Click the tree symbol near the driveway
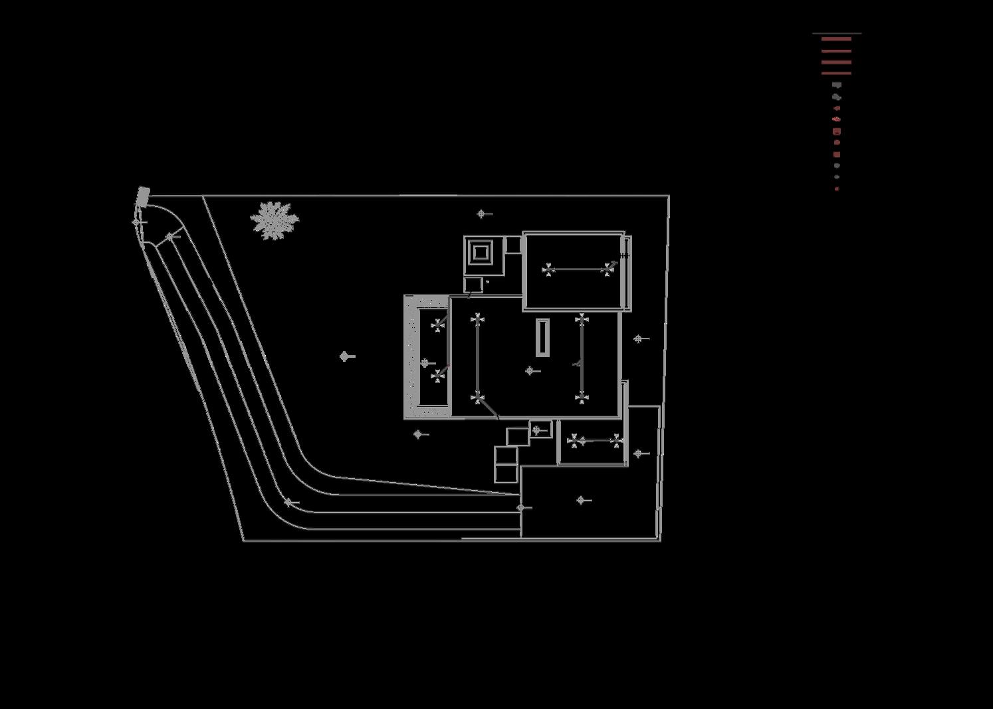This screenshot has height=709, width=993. pyautogui.click(x=274, y=220)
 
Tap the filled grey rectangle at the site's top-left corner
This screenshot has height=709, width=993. pyautogui.click(x=143, y=196)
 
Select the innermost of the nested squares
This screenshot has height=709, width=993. pyautogui.click(x=481, y=253)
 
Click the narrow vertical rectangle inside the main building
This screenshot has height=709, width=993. pyautogui.click(x=543, y=338)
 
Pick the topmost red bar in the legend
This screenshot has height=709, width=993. pyautogui.click(x=836, y=39)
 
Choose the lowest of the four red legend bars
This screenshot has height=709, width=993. pyautogui.click(x=836, y=73)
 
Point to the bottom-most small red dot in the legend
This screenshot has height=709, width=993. pyautogui.click(x=837, y=190)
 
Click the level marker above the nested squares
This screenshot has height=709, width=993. pyautogui.click(x=481, y=213)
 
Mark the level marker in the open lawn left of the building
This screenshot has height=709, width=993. pyautogui.click(x=344, y=356)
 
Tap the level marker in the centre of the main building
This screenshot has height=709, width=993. pyautogui.click(x=530, y=371)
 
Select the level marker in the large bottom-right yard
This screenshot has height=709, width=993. pyautogui.click(x=581, y=500)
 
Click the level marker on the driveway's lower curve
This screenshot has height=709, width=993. pyautogui.click(x=288, y=503)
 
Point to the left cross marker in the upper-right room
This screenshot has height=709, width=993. pyautogui.click(x=548, y=269)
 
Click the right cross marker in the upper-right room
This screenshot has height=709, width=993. pyautogui.click(x=607, y=269)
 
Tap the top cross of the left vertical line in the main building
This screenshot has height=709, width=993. pyautogui.click(x=477, y=320)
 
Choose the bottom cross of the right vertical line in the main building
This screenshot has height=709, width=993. pyautogui.click(x=582, y=398)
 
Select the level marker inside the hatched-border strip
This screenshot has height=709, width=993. pyautogui.click(x=425, y=363)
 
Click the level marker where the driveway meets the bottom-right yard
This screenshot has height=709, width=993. pyautogui.click(x=521, y=507)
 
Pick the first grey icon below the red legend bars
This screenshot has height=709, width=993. pyautogui.click(x=837, y=85)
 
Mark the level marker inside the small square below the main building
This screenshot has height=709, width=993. pyautogui.click(x=537, y=430)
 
